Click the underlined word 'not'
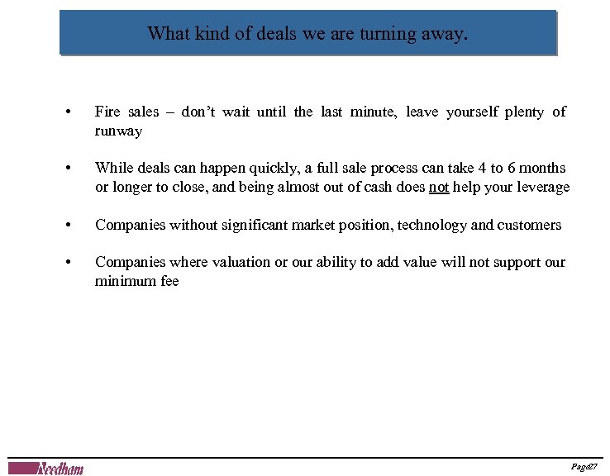439,188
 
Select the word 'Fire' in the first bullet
107,112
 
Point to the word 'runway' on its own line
118,131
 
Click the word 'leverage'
541,188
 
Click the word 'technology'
432,225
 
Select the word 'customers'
529,225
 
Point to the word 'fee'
169,282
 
